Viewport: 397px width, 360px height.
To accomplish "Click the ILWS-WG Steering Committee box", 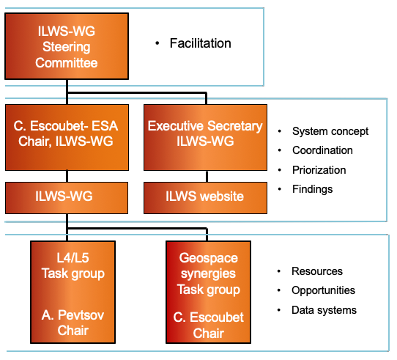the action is point(67,46).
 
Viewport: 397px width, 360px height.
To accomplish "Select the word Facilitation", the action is point(200,43).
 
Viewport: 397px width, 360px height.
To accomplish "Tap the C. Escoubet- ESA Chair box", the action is point(67,137).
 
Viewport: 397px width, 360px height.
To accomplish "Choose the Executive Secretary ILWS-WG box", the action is point(205,137).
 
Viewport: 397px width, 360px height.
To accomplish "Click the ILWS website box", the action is point(205,198).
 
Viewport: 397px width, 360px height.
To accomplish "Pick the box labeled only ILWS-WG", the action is point(67,198).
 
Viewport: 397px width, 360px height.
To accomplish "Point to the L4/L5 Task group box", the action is point(73,292).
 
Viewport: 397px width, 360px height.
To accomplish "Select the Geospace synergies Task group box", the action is point(208,292).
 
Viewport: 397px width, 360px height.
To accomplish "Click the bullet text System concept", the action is point(330,131).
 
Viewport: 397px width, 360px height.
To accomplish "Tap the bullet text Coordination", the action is point(322,150).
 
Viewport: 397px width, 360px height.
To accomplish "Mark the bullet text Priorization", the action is point(319,170).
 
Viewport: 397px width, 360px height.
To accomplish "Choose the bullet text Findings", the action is point(313,189).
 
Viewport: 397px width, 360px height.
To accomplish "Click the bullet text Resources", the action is point(317,271).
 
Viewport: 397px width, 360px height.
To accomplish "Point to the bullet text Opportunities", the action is point(323,290).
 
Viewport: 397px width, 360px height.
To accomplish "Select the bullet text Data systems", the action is point(324,310).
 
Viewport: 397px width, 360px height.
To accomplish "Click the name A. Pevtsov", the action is point(73,315).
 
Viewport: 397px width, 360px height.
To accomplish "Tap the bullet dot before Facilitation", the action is point(157,43).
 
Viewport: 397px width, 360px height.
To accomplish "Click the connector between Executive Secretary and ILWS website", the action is point(207,177).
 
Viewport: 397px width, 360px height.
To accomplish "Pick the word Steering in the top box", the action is point(67,47).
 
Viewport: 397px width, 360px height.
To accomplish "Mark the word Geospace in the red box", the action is point(208,258).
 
